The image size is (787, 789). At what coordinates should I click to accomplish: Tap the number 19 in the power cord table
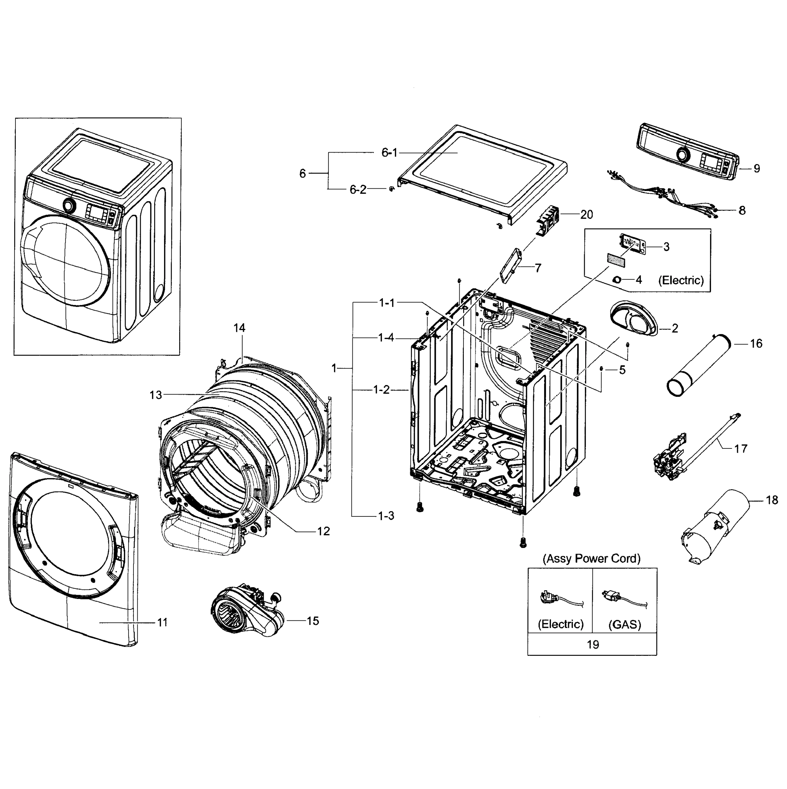tap(593, 645)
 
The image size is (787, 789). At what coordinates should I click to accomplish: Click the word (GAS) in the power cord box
tap(625, 624)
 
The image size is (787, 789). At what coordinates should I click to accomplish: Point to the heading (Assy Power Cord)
tap(591, 559)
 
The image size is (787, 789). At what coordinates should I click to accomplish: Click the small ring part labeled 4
tap(617, 280)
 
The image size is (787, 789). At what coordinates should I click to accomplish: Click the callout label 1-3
tap(386, 516)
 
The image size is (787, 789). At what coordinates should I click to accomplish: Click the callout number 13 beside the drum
tap(155, 395)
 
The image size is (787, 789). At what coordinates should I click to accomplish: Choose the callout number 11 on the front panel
tap(162, 622)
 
